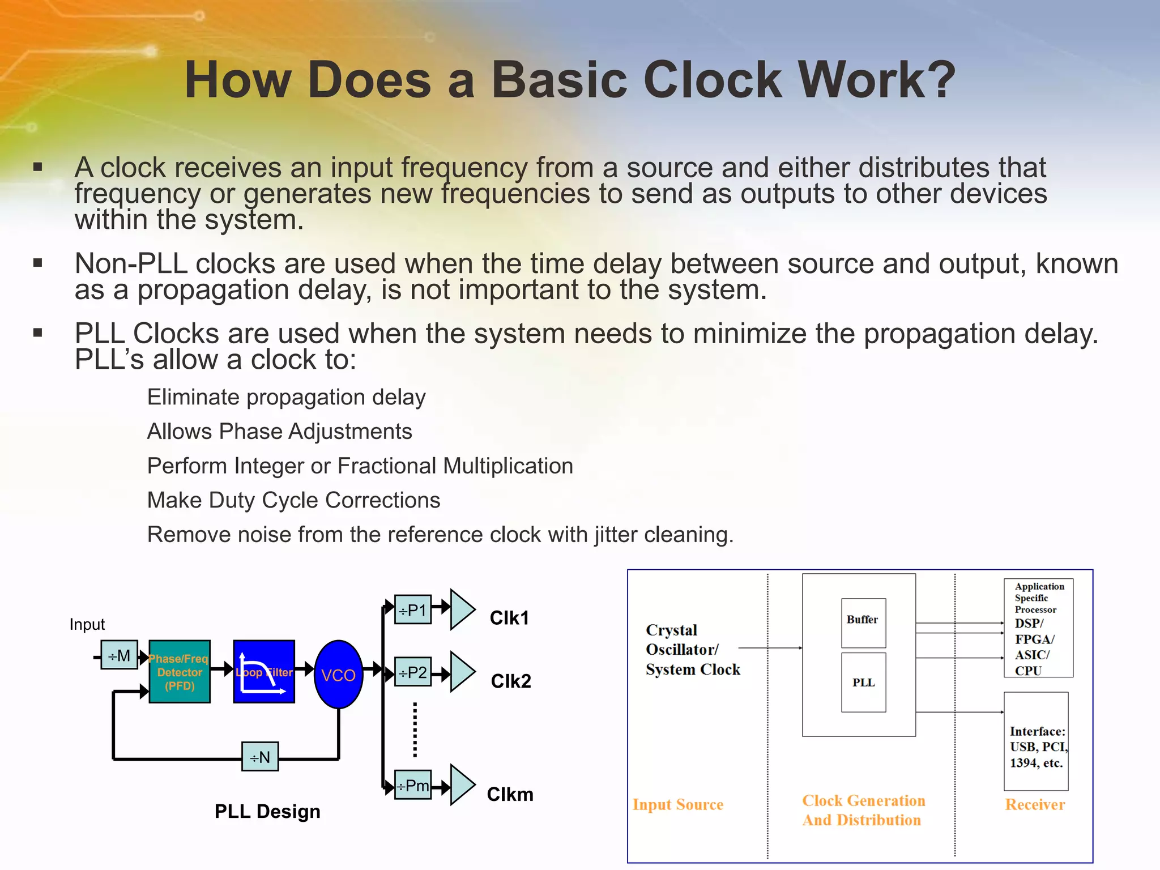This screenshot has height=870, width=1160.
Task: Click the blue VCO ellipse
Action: pos(338,674)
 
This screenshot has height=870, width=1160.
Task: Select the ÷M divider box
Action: pos(119,655)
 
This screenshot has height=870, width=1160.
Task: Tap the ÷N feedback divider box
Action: pos(260,757)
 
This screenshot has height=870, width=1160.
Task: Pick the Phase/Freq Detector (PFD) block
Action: pos(180,672)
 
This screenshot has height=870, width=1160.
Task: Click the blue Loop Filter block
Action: pos(264,672)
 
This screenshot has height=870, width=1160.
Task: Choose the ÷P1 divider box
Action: pos(413,609)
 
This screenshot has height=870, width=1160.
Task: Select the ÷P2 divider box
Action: pos(413,672)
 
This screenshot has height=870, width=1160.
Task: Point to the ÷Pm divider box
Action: pos(413,785)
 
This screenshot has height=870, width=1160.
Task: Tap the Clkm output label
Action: pos(510,794)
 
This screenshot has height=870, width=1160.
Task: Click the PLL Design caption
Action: pos(267,811)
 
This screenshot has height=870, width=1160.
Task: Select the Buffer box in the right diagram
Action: pos(863,623)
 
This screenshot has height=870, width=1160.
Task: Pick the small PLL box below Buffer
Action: pos(863,683)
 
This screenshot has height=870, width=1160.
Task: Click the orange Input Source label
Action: pos(678,804)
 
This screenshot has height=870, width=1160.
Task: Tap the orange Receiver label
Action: pos(1035,804)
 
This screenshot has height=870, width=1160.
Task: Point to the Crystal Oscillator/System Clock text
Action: pos(693,650)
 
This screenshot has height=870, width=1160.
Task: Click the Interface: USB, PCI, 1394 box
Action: pos(1036,741)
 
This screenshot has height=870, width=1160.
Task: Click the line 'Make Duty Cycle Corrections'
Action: pos(293,500)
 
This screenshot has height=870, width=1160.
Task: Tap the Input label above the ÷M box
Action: pos(87,624)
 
